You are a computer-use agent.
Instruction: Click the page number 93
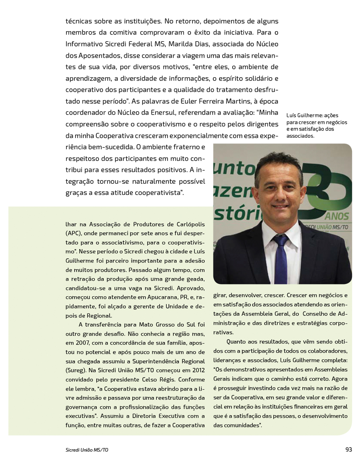pyautogui.click(x=348, y=450)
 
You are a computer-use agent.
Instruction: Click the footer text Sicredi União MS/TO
pyautogui.click(x=87, y=450)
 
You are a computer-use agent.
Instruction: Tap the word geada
pyautogui.click(x=196, y=279)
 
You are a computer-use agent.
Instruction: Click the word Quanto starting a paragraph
pyautogui.click(x=237, y=341)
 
